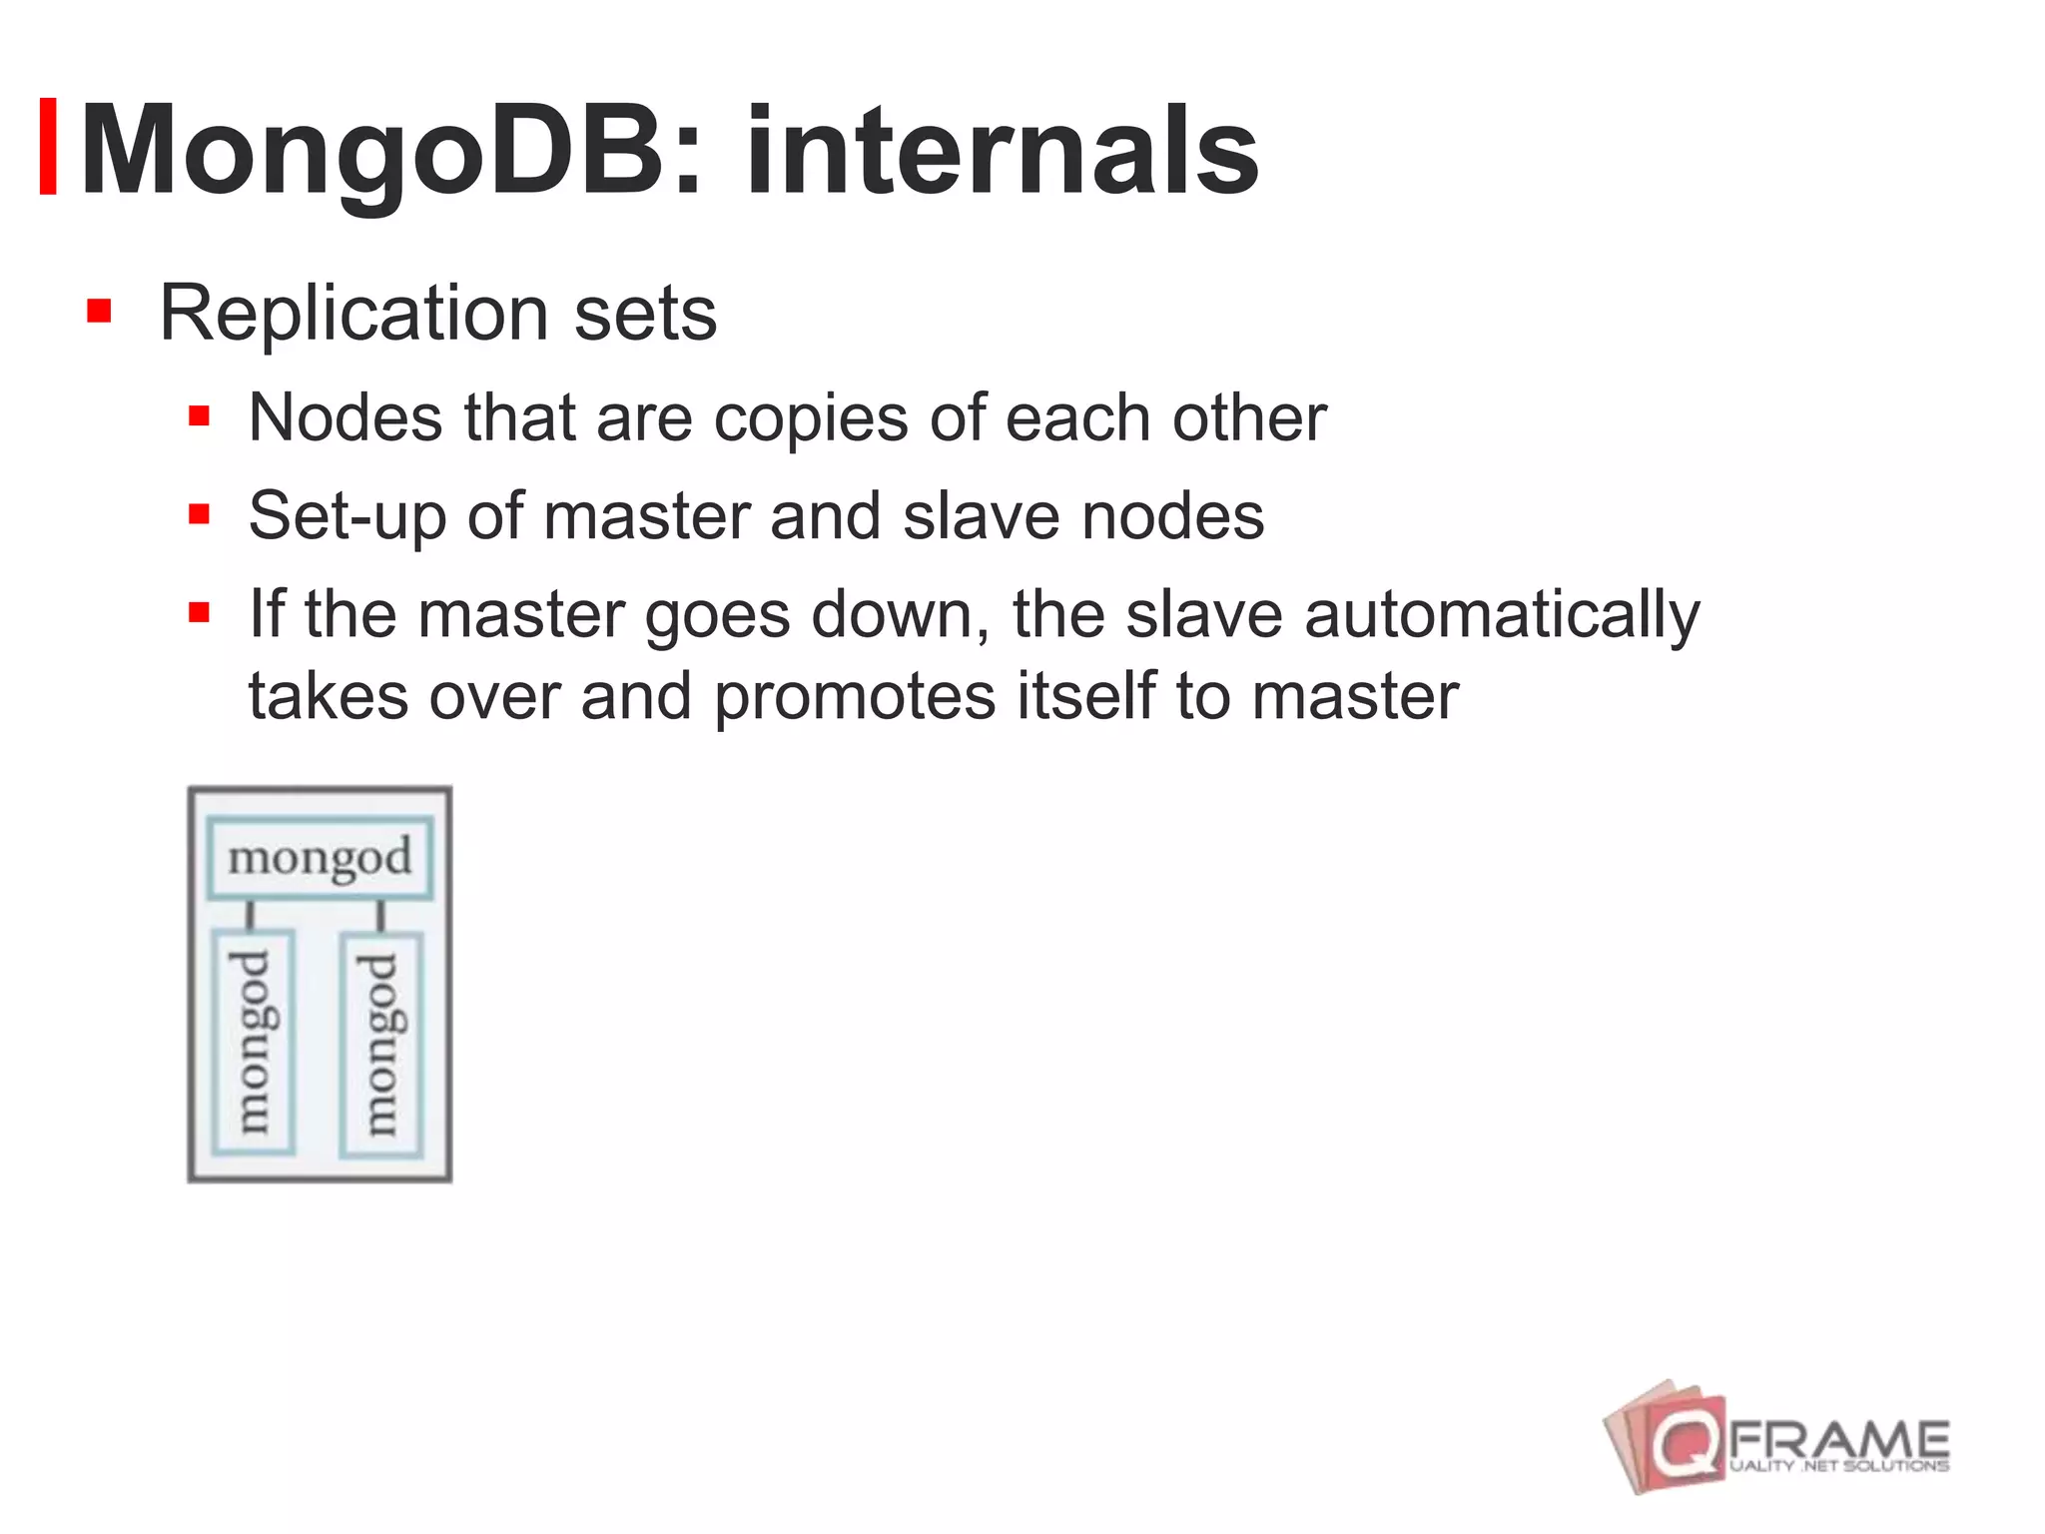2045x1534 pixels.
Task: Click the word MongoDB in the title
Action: pyautogui.click(x=369, y=152)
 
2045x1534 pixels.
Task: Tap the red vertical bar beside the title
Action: pyautogui.click(x=47, y=147)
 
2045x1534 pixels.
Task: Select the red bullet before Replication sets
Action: pyautogui.click(x=98, y=311)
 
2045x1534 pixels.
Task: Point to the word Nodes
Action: pyautogui.click(x=344, y=417)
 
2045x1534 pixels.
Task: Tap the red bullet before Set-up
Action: pyautogui.click(x=199, y=514)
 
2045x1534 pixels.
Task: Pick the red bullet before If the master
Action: pyautogui.click(x=199, y=611)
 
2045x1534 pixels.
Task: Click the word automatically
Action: pyautogui.click(x=1501, y=615)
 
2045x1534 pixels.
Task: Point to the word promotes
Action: pyautogui.click(x=855, y=696)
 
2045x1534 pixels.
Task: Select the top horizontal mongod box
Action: pyautogui.click(x=320, y=858)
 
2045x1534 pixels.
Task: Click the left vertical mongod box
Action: pyautogui.click(x=254, y=1044)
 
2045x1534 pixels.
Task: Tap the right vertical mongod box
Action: pyautogui.click(x=381, y=1045)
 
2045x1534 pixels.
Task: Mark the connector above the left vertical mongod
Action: pyautogui.click(x=251, y=915)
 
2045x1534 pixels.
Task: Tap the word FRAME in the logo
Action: pyautogui.click(x=1838, y=1439)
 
